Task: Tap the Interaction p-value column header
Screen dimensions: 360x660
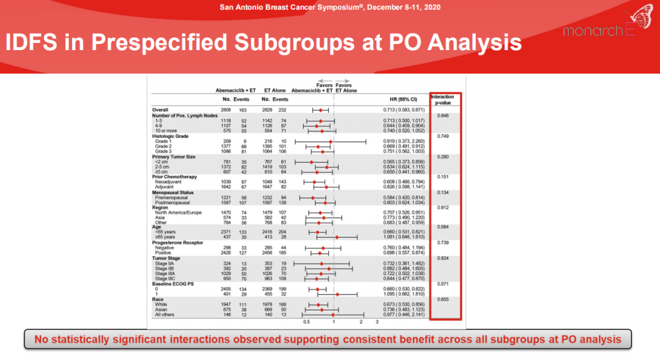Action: pos(442,100)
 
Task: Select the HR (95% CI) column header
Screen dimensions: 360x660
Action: pos(403,99)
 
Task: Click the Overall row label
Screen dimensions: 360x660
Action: pos(160,109)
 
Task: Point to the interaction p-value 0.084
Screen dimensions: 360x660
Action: pos(443,227)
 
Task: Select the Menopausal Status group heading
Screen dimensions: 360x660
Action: pos(175,192)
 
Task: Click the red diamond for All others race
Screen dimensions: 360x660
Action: pos(333,315)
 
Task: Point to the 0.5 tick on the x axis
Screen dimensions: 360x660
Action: pos(307,321)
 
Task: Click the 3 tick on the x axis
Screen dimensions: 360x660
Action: pos(377,321)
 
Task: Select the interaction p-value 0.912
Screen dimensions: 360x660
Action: pos(443,208)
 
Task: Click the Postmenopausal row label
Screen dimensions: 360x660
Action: pos(172,202)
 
